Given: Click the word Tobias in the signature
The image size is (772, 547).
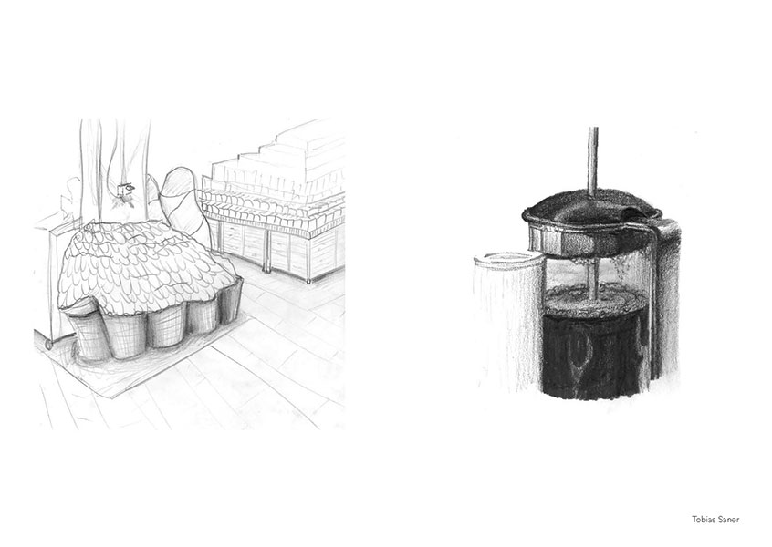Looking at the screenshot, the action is coord(702,520).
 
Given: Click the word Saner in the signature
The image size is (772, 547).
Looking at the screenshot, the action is coord(727,520).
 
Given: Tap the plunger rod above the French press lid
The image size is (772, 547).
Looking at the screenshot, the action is coord(593,161).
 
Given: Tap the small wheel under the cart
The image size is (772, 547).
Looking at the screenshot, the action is coord(48,344).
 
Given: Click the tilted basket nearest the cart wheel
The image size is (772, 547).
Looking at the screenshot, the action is coord(89,331).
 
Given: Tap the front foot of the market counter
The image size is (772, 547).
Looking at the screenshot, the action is coord(310,279).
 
